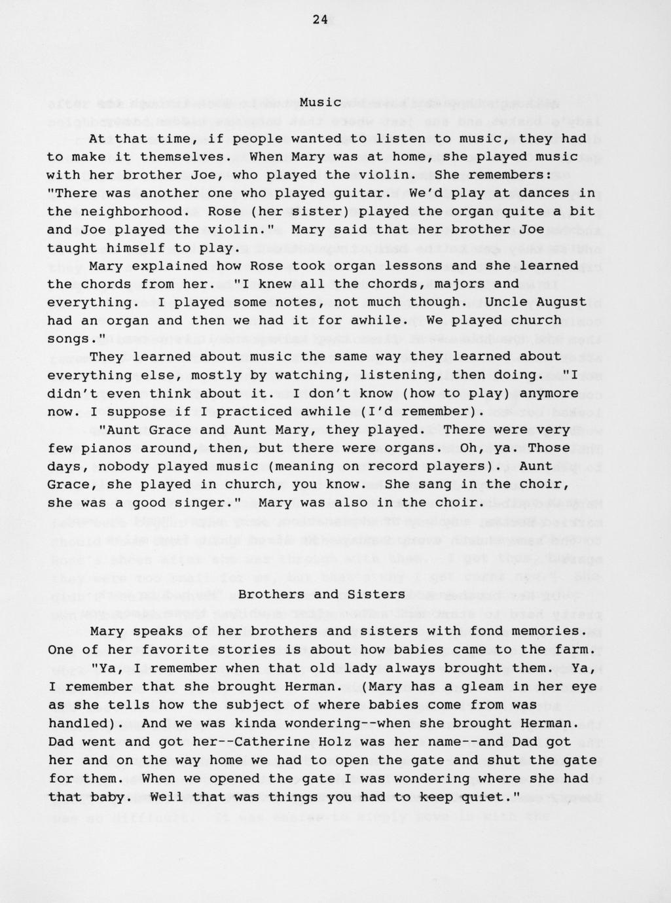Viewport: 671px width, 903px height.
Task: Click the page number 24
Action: [x=320, y=20]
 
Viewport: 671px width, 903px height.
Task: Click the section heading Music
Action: [x=321, y=102]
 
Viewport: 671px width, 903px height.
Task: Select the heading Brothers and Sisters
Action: [x=321, y=594]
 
